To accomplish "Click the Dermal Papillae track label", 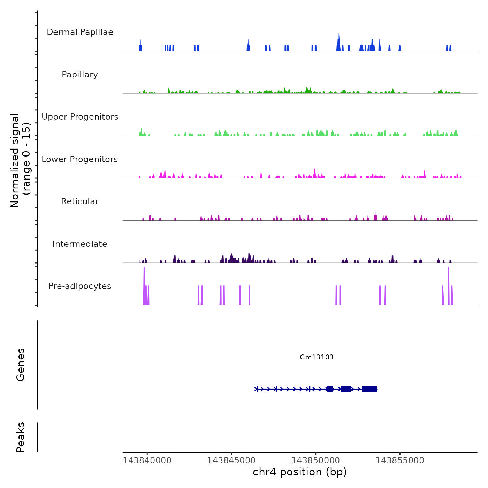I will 80,32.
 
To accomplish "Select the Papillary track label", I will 80,75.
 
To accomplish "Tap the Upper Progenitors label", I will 80,117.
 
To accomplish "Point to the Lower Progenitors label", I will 80,159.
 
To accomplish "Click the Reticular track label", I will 80,201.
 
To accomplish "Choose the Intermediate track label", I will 80,244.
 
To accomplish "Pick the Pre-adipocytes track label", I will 80,286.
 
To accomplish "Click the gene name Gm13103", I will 317,357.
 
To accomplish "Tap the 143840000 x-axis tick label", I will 147,460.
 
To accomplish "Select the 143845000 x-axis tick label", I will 231,460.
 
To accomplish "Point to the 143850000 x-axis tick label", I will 316,460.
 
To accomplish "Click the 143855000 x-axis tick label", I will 400,460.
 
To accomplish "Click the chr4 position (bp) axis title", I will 300,472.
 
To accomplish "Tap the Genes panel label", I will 21,365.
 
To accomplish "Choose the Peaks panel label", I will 21,437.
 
